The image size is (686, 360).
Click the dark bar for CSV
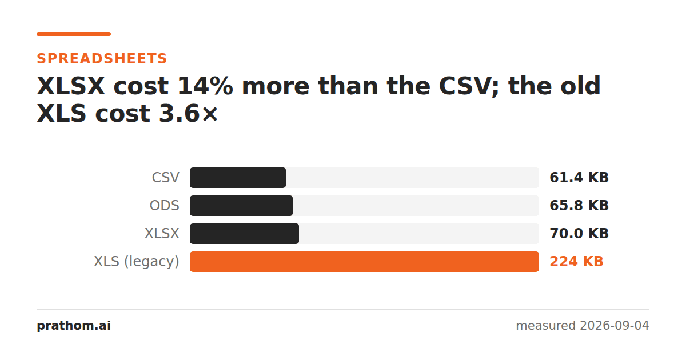pos(238,178)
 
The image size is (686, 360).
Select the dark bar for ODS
pos(241,206)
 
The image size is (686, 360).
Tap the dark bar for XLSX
pos(245,234)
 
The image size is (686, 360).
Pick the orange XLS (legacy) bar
pos(365,262)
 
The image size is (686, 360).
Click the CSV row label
pos(165,178)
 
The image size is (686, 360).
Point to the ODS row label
pos(164,206)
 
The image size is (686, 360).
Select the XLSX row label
pos(162,234)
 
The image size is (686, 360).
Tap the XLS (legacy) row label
pos(136,262)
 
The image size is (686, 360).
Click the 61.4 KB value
pos(579,178)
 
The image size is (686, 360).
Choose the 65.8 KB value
pos(579,206)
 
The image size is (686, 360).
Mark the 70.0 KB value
pos(579,234)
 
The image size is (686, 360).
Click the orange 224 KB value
pos(576,262)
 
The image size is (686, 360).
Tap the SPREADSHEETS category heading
pos(102,58)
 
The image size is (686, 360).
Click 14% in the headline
pos(205,86)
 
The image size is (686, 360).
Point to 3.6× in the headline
pos(188,114)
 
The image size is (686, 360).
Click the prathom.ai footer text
pos(74,325)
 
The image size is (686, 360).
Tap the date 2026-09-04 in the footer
pos(615,325)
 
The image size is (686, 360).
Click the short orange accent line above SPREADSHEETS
pos(74,34)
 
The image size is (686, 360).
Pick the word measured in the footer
pos(546,326)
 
